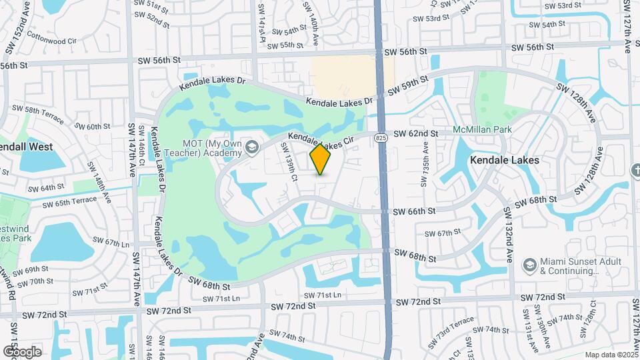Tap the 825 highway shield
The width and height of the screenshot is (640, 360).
380,138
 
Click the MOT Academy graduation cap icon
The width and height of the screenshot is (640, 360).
252,147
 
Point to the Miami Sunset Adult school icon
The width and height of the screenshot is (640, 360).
529,265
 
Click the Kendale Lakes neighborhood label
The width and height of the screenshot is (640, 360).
505,160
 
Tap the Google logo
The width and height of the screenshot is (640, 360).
22,351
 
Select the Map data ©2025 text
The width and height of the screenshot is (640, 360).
611,355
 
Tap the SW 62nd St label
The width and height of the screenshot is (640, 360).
415,133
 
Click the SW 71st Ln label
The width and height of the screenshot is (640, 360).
323,295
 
